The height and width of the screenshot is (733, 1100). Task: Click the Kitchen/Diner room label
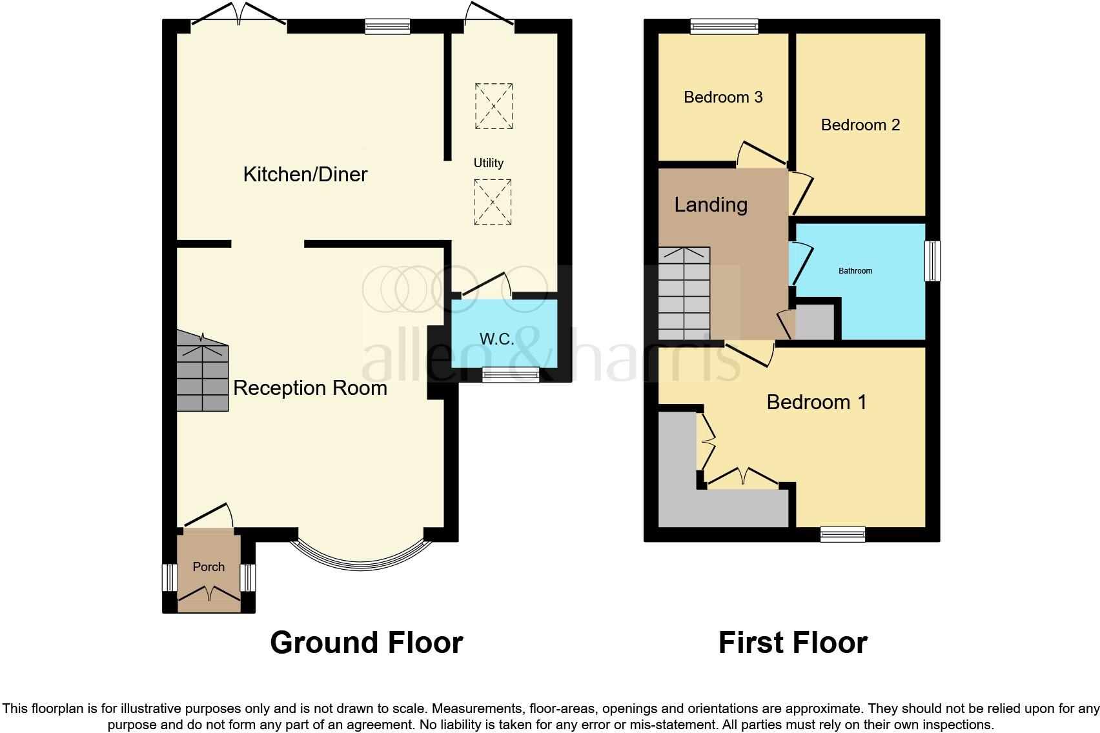305,174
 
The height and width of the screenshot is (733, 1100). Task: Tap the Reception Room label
310,388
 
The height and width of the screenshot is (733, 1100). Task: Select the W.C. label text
496,339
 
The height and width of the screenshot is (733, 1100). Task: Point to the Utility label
488,163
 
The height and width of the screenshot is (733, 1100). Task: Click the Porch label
209,567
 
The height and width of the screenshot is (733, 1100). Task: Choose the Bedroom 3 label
723,97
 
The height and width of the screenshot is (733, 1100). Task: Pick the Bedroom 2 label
860,125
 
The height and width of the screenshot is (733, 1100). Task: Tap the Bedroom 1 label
816,402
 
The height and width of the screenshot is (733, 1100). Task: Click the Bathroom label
855,271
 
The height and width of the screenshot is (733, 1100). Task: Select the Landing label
711,205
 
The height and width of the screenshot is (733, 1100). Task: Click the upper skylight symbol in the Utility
494,106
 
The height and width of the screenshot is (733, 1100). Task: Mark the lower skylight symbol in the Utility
493,202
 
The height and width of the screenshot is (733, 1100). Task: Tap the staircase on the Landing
684,294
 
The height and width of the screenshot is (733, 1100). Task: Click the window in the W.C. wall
511,374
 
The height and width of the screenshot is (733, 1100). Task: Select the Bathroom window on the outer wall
932,261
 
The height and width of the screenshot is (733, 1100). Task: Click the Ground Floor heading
366,643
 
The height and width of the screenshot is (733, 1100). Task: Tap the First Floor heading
792,643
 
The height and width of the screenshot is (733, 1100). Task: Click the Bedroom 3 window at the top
723,26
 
